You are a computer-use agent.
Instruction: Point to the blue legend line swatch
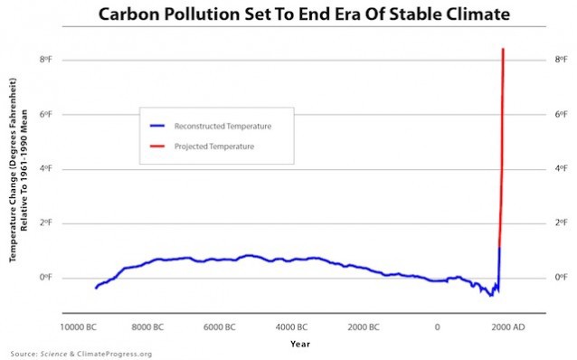point(160,126)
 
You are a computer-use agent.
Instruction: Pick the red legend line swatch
point(160,146)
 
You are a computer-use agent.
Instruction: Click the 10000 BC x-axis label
point(79,326)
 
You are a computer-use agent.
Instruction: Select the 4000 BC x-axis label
point(293,326)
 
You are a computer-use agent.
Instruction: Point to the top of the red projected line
point(502,49)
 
